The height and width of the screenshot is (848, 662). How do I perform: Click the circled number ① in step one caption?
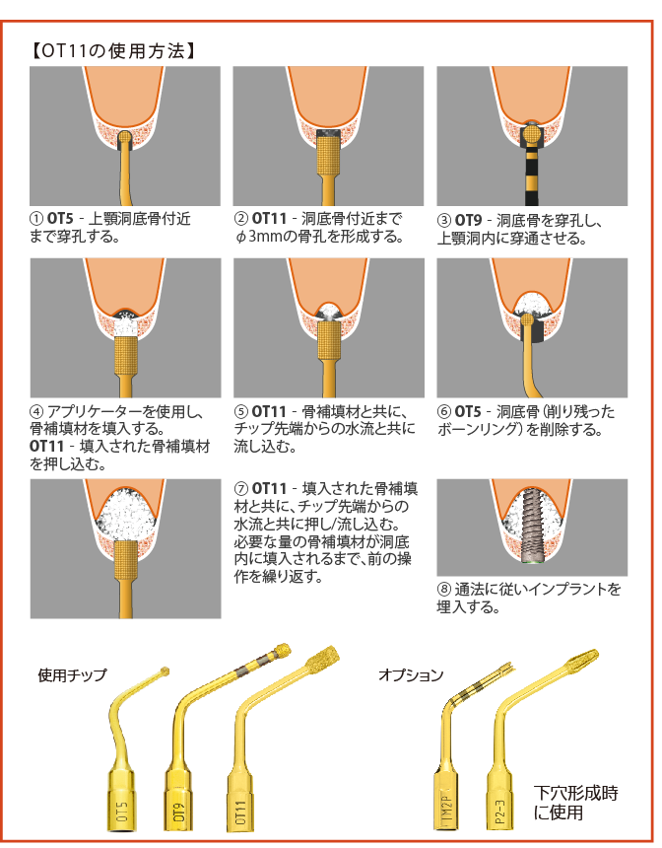pyautogui.click(x=37, y=219)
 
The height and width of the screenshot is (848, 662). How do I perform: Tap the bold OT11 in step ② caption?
pyautogui.click(x=269, y=219)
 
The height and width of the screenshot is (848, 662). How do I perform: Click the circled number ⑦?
pyautogui.click(x=240, y=488)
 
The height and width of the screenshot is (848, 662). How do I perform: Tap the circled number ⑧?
pyautogui.click(x=443, y=590)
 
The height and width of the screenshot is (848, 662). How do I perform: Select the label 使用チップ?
pyautogui.click(x=72, y=675)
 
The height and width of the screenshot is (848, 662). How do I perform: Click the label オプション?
pyautogui.click(x=411, y=675)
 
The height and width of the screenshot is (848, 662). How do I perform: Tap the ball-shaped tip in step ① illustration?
pyautogui.click(x=126, y=137)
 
